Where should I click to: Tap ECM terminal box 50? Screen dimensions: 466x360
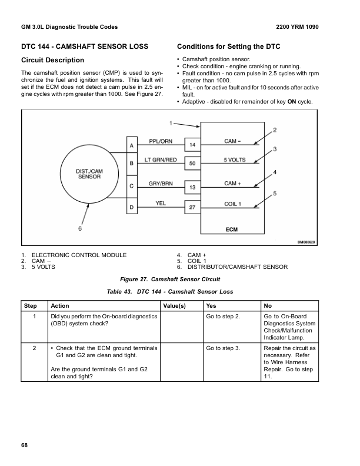point(192,163)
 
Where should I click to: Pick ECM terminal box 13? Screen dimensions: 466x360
point(192,187)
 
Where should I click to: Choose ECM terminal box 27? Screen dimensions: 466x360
point(192,208)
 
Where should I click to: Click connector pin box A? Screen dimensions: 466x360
point(131,145)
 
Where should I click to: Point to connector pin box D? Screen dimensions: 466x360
point(131,208)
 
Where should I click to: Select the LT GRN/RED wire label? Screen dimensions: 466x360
point(160,159)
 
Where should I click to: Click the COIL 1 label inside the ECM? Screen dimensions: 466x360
point(233,204)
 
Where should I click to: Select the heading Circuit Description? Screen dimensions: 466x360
point(52,60)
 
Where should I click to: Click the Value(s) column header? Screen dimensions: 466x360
point(174,306)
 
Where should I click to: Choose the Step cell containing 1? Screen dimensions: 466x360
point(35,317)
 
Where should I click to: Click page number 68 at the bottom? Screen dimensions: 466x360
point(24,445)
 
